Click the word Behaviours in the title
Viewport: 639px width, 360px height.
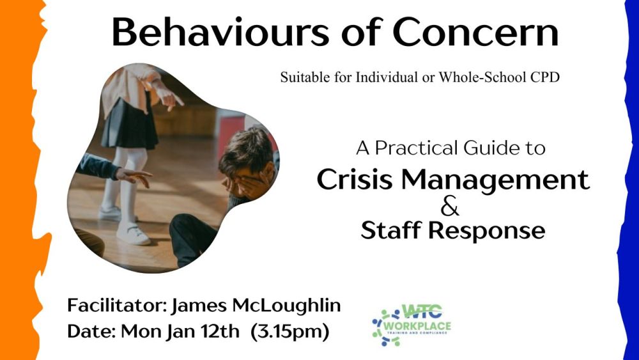tap(220, 32)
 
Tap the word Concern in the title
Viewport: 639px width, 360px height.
tap(475, 32)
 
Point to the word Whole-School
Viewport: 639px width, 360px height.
tap(482, 77)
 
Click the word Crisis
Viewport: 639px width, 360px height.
tap(354, 180)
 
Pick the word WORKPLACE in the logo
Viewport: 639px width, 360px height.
tap(418, 326)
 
